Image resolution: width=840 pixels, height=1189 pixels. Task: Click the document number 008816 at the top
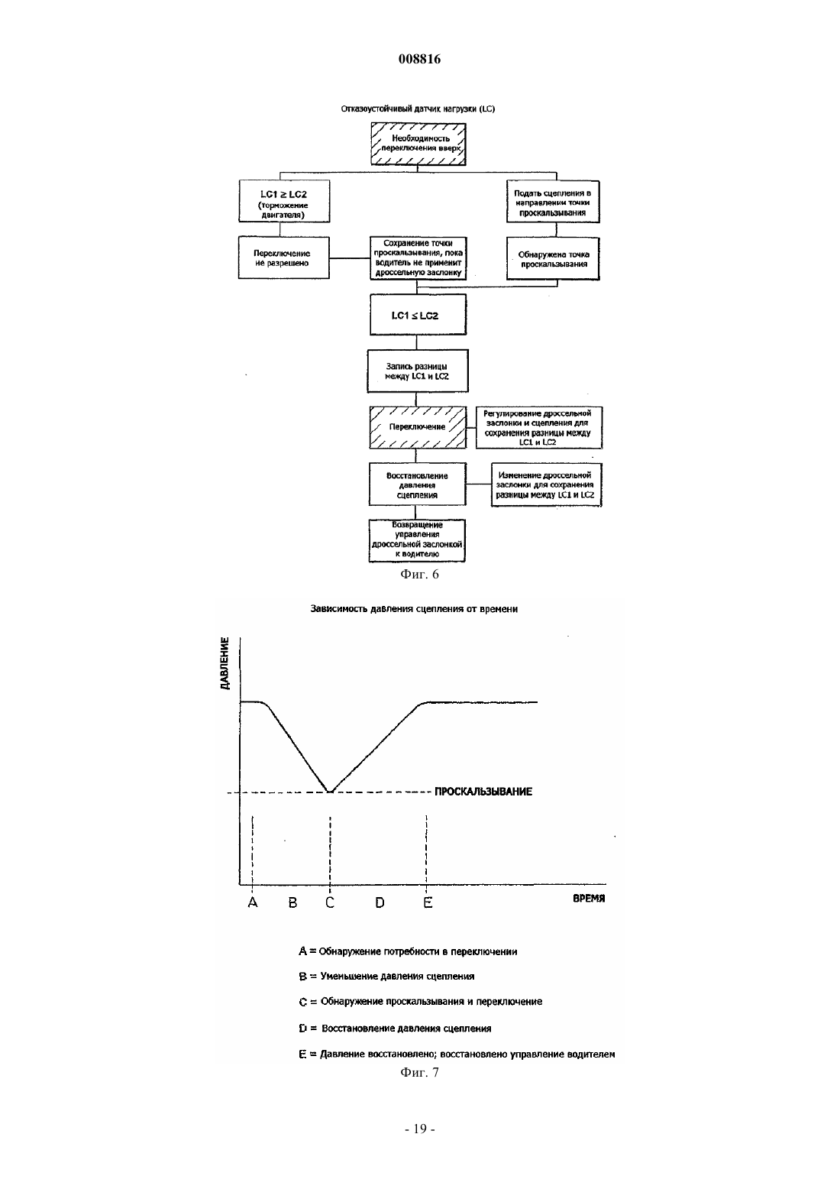419,59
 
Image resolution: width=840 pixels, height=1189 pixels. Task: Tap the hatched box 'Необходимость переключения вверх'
418,144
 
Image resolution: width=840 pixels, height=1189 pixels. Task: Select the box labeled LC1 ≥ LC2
284,201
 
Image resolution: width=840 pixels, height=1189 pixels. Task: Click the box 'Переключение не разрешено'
284,258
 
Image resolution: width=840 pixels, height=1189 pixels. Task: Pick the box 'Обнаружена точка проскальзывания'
553,258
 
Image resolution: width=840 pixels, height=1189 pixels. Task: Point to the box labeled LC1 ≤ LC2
418,315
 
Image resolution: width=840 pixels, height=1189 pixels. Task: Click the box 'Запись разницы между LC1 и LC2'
418,371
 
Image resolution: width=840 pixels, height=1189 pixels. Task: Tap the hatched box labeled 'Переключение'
418,427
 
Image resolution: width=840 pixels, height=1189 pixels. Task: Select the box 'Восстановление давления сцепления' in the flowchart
418,484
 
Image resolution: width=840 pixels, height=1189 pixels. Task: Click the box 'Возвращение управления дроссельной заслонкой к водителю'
417,540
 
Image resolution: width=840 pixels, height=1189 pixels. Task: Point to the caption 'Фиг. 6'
419,575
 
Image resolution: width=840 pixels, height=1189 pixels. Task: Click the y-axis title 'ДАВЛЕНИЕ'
225,663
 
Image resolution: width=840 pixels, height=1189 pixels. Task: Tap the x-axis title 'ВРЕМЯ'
589,899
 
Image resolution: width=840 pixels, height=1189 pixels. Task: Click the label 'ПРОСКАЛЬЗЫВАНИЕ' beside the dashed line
483,792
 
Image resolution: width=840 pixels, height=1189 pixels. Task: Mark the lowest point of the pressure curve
330,792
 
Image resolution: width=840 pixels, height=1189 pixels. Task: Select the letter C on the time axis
330,902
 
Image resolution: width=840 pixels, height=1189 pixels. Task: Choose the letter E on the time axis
428,902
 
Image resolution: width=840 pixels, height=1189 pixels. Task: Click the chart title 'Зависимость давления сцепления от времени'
414,609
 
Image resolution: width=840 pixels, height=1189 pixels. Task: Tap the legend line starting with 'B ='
386,976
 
